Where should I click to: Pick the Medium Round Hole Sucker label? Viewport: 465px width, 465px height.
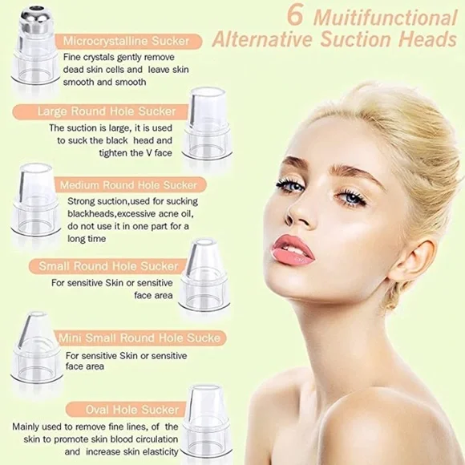click(x=127, y=185)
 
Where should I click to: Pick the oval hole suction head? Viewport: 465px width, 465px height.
click(x=205, y=421)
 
